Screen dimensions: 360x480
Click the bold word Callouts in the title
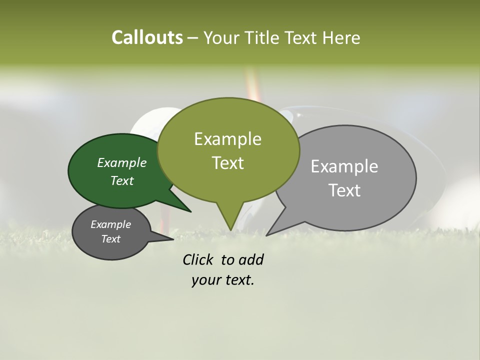pyautogui.click(x=147, y=37)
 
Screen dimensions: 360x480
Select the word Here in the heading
pyautogui.click(x=342, y=37)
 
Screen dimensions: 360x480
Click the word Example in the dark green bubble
pyautogui.click(x=122, y=162)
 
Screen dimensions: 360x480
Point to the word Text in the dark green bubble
pyautogui.click(x=122, y=180)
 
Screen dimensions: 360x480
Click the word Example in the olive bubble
pyautogui.click(x=227, y=139)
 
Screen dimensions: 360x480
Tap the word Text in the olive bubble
pyautogui.click(x=227, y=163)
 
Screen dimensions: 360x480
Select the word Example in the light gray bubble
pyautogui.click(x=344, y=166)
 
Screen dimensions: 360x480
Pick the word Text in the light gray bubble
pyautogui.click(x=344, y=190)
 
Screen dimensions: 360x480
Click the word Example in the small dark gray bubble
pyautogui.click(x=111, y=224)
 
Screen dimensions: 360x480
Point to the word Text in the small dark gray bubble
pyautogui.click(x=111, y=239)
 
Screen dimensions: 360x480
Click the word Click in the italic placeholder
pyautogui.click(x=199, y=259)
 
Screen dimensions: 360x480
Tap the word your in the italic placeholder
pyautogui.click(x=205, y=280)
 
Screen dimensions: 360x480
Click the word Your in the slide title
pyautogui.click(x=222, y=37)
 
